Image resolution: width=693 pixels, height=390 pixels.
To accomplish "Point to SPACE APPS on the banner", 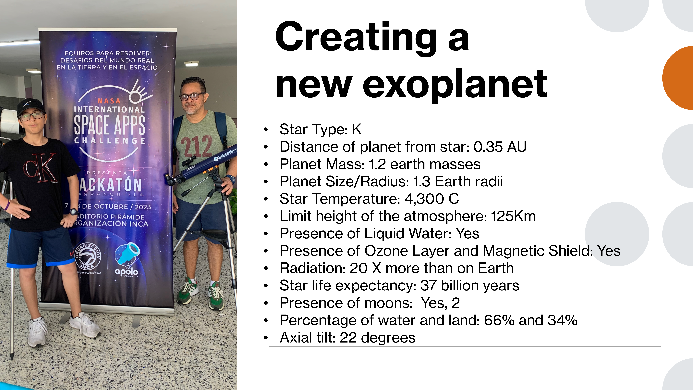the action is coord(109,125).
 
